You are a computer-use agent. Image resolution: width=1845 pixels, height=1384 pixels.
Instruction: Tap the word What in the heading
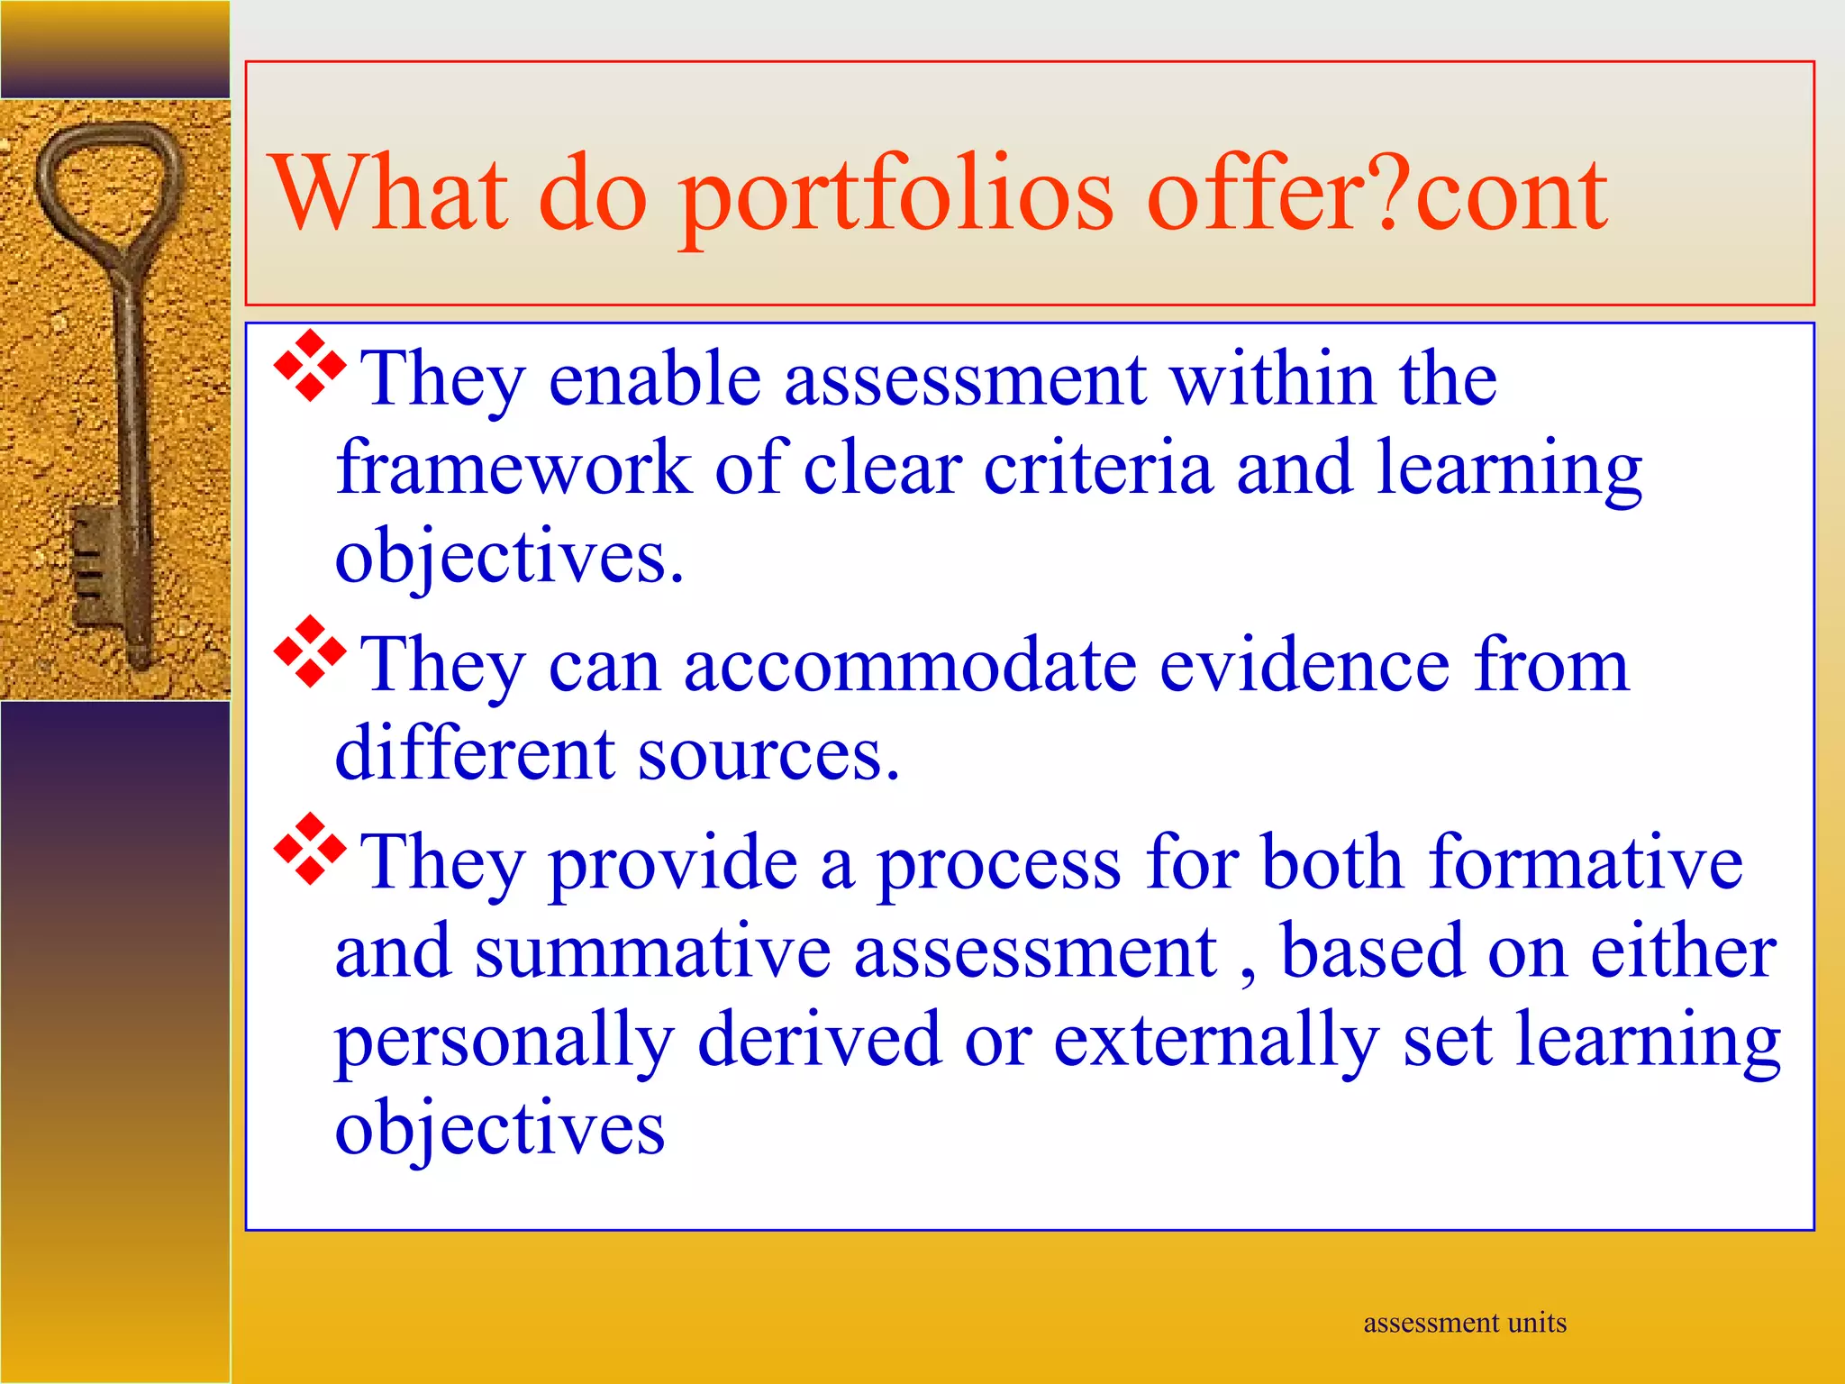click(x=388, y=194)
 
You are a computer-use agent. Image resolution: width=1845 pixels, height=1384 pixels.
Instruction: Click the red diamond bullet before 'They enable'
click(x=310, y=366)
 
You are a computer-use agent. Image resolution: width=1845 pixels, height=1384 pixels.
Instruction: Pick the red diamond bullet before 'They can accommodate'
click(x=310, y=651)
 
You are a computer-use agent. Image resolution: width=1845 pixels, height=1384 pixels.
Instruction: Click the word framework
click(x=514, y=469)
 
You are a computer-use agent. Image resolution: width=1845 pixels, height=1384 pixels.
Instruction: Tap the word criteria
click(x=1097, y=469)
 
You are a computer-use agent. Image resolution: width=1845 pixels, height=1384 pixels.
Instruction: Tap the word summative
click(x=653, y=951)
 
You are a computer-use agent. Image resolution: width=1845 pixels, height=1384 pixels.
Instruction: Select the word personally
click(x=504, y=1042)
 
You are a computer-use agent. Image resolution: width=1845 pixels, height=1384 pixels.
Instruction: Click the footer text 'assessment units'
click(x=1465, y=1323)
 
